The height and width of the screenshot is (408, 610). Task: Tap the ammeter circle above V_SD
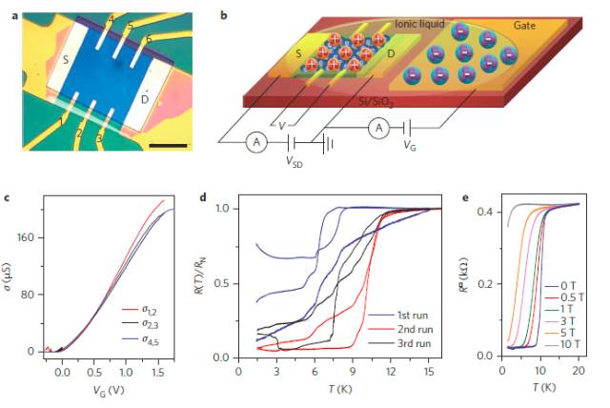(x=255, y=142)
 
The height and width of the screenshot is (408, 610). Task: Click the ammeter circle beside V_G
(x=377, y=128)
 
